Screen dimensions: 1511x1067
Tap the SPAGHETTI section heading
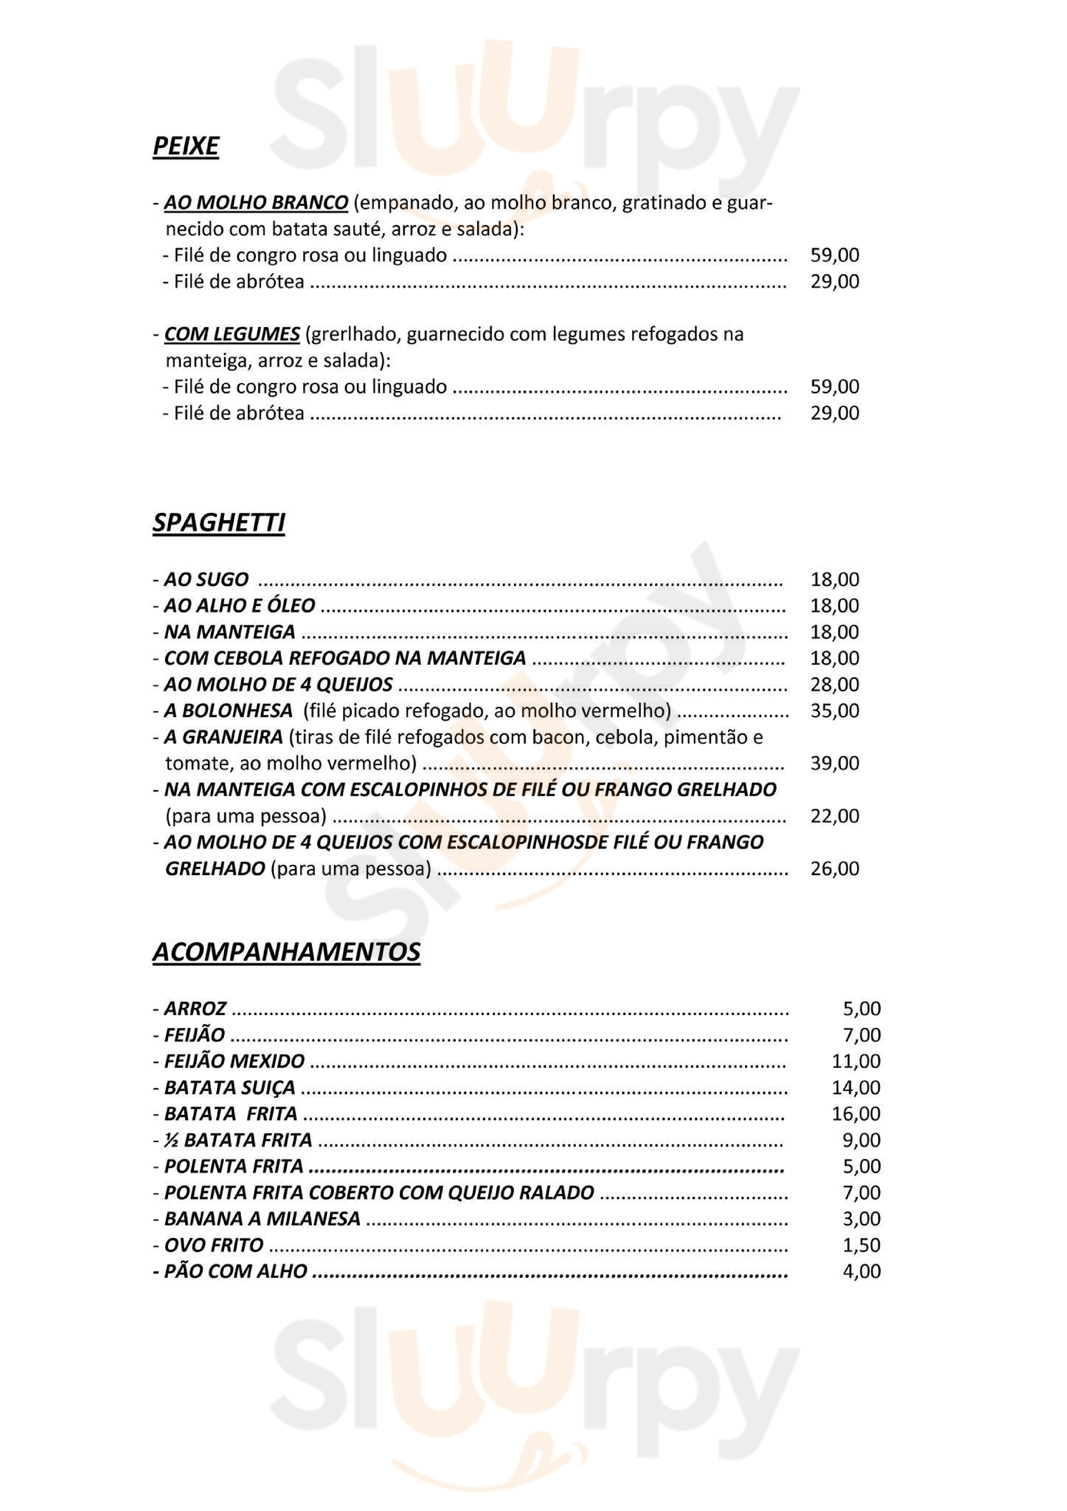(218, 522)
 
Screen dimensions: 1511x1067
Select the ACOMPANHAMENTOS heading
(286, 952)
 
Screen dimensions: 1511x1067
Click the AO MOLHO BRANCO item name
(256, 203)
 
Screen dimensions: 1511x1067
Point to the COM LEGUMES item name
(232, 334)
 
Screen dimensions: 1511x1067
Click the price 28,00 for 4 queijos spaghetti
(834, 684)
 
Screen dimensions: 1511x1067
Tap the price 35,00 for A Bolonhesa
(834, 711)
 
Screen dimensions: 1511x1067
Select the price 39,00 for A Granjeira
(834, 763)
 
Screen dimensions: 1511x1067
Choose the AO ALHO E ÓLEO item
(239, 606)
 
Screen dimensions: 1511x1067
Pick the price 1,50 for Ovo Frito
(861, 1245)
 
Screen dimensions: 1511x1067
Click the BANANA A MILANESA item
(262, 1219)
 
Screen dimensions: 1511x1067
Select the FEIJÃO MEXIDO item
(234, 1061)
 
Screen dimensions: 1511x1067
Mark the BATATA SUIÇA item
(230, 1087)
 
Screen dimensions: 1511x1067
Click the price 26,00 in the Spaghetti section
(834, 869)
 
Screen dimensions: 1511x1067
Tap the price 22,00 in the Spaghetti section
(834, 816)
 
